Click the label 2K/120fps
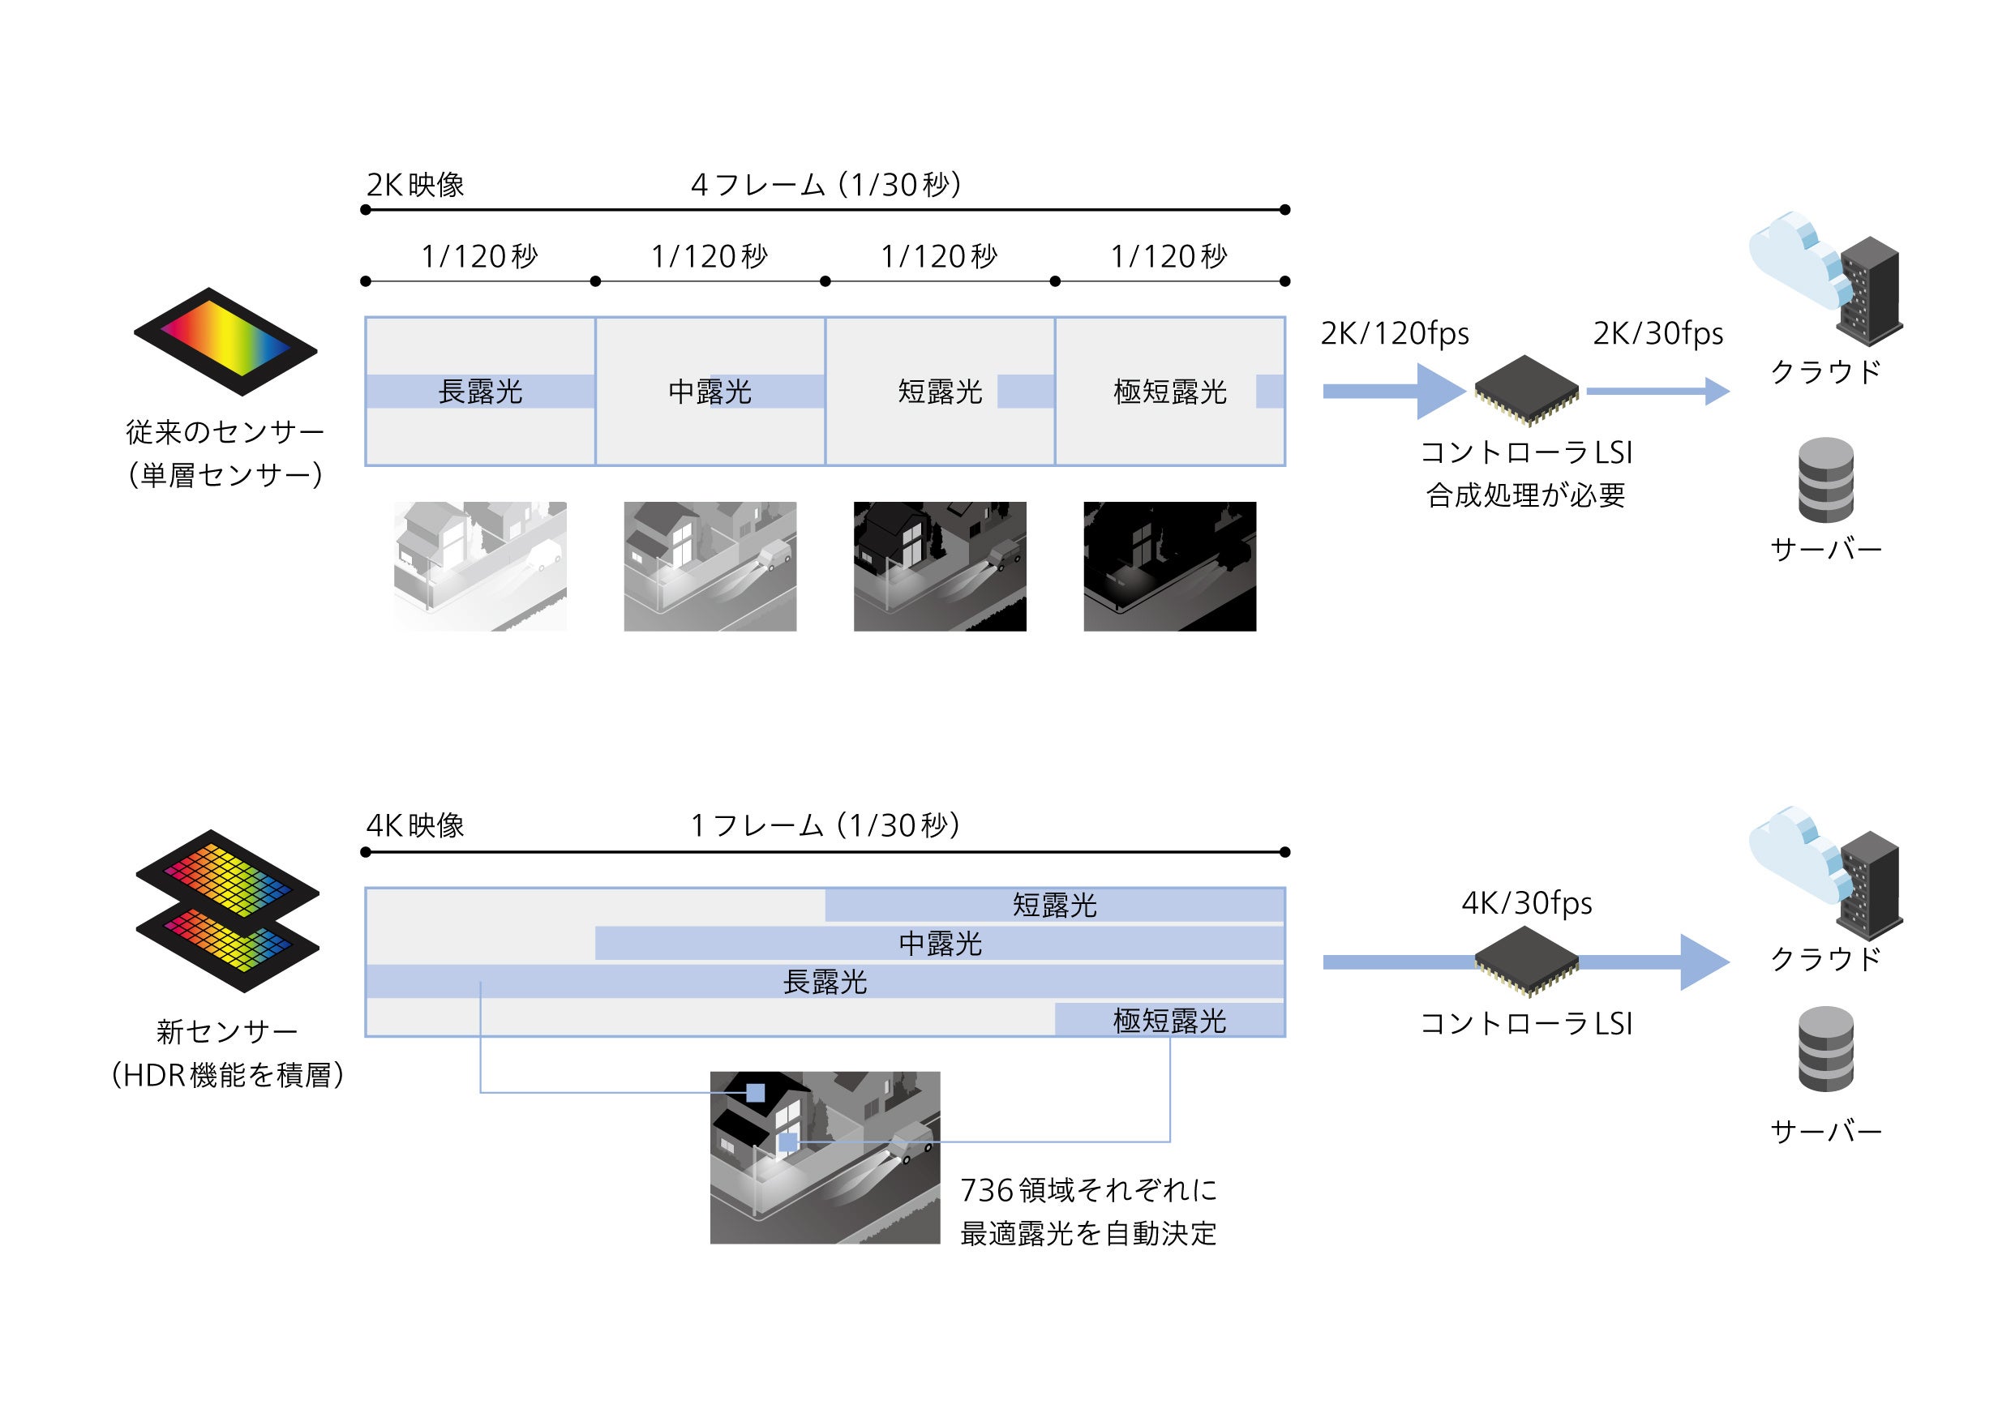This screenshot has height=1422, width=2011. click(x=1395, y=332)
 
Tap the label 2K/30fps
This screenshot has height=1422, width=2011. click(x=1657, y=332)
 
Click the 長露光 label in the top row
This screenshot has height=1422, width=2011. click(x=480, y=392)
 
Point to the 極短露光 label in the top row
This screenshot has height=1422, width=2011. click(x=1169, y=392)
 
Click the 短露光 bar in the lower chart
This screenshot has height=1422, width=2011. click(x=1054, y=905)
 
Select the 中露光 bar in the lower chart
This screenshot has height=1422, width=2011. click(x=940, y=943)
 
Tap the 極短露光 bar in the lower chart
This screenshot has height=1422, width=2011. click(x=1169, y=1020)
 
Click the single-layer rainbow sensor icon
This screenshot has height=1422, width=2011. click(x=226, y=341)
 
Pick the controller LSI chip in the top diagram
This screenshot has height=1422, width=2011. click(x=1526, y=390)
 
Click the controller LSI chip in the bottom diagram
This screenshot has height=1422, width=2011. click(x=1526, y=962)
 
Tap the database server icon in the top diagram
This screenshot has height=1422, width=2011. click(x=1825, y=479)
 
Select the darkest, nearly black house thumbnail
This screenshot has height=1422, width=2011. click(x=1169, y=566)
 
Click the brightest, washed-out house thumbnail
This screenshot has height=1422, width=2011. click(x=480, y=566)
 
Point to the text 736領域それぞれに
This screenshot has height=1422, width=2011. click(x=1088, y=1190)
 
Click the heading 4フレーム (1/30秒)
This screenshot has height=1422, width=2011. click(x=826, y=185)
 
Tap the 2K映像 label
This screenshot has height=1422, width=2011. click(x=415, y=185)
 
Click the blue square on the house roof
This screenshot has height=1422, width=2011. click(x=755, y=1092)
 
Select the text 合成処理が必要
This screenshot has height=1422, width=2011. click(x=1526, y=495)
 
